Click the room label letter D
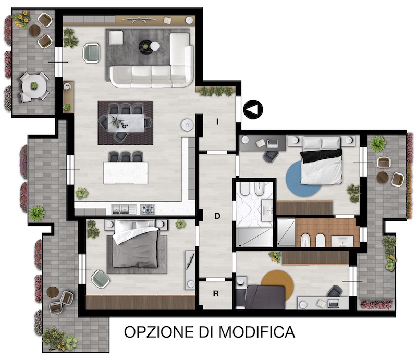(217, 216)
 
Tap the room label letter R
(216, 293)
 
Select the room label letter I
(217, 121)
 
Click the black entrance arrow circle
(253, 109)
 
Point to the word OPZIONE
(159, 332)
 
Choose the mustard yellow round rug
(277, 282)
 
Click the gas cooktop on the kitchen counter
(148, 209)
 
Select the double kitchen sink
(120, 209)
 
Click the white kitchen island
(126, 172)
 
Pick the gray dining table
(126, 123)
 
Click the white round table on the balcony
(34, 86)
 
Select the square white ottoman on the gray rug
(116, 38)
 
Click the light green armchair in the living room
(92, 53)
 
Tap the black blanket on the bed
(321, 156)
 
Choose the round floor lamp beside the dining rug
(188, 125)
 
